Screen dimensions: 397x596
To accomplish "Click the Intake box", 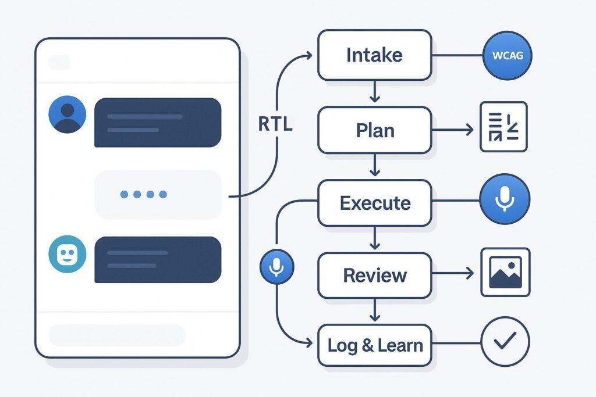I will point(374,56).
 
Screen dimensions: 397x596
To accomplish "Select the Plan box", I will point(374,130).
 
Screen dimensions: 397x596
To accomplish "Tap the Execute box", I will point(374,203).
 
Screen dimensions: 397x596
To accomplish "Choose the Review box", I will point(374,275).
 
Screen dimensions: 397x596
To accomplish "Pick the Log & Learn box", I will point(374,345).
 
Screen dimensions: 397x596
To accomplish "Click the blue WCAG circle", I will point(508,56).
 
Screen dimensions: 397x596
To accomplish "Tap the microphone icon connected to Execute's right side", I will point(504,199).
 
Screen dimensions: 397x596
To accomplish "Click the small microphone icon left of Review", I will point(276,267).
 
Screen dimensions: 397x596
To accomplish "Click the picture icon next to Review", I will point(505,273).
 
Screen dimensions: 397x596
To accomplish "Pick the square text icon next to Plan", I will point(503,127).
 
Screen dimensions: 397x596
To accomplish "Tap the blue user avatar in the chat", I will point(68,114).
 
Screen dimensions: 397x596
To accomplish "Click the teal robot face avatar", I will point(68,254).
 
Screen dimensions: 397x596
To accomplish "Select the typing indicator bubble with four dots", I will point(158,194).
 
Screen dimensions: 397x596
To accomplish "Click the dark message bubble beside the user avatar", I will point(158,123).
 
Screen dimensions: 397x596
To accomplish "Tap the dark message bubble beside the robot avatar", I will point(158,259).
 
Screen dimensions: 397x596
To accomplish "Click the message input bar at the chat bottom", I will point(116,335).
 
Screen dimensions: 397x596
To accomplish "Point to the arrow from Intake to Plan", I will point(374,91).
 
